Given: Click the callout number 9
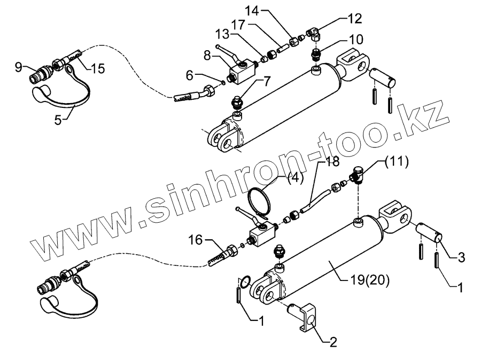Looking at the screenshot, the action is pyautogui.click(x=19, y=67).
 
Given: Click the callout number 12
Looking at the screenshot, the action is pyautogui.click(x=354, y=19).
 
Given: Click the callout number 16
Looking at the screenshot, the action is pyautogui.click(x=196, y=241).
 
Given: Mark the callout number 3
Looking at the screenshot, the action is pyautogui.click(x=461, y=258).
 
